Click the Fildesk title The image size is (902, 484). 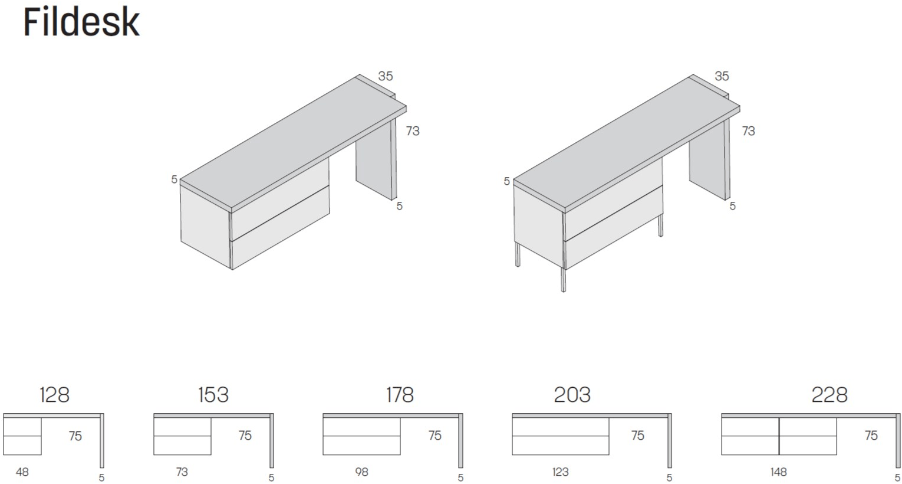(81, 22)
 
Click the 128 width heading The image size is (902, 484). (54, 394)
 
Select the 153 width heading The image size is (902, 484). (213, 394)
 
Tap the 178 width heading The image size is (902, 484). (400, 394)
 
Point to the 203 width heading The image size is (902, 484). (572, 394)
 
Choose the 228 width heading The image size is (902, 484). (829, 394)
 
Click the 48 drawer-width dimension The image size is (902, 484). (22, 472)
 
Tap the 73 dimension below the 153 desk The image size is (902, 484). (182, 472)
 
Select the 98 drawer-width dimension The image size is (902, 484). (361, 472)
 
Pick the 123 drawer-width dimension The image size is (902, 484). (560, 472)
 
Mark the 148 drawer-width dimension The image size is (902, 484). (778, 472)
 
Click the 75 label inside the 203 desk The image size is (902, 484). (637, 435)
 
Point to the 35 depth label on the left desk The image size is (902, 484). (386, 76)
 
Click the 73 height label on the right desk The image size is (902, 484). (749, 131)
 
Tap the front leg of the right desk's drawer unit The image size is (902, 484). (564, 279)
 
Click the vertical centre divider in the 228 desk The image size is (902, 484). (779, 436)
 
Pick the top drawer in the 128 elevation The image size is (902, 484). (22, 427)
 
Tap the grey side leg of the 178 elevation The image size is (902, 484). (460, 441)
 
